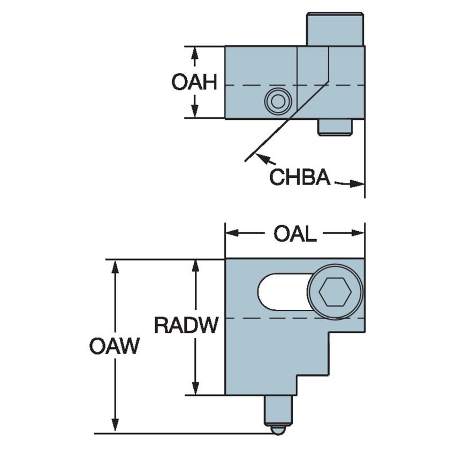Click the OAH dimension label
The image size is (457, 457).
[x=194, y=82]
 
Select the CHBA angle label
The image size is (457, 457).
[x=299, y=177]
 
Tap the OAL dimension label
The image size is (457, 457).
[x=295, y=234]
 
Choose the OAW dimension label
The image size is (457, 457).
[x=114, y=346]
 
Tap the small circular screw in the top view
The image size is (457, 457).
[x=278, y=101]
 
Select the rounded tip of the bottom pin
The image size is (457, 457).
[x=278, y=430]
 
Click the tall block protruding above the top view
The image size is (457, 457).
[x=335, y=29]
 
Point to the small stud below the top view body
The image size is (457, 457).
[x=334, y=127]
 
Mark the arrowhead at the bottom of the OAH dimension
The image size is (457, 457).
[x=195, y=112]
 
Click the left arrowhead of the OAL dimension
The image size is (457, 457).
[x=231, y=233]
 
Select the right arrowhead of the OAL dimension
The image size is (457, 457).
[x=359, y=233]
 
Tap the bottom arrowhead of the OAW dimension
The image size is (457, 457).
[x=115, y=427]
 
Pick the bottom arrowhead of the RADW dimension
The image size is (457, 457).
[x=195, y=389]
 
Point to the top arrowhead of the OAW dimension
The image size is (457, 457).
[x=115, y=266]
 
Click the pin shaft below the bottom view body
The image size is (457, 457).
[x=278, y=410]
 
